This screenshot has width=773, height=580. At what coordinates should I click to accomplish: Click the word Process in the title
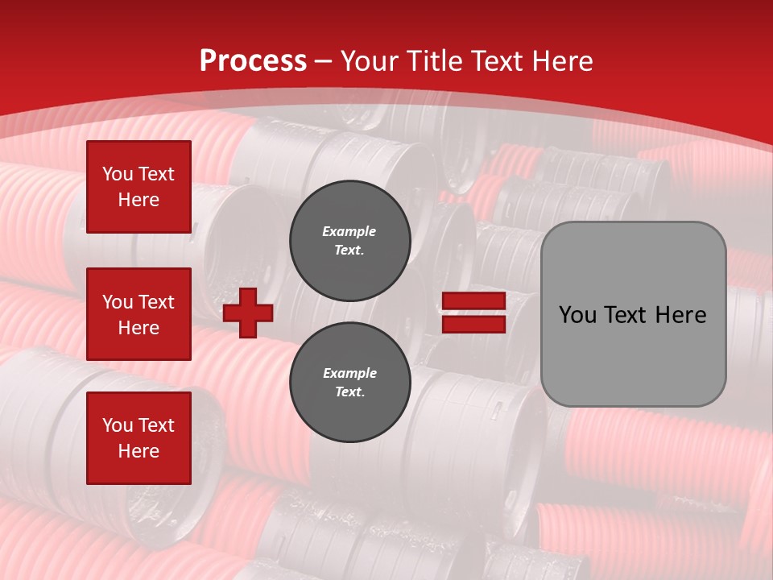(253, 61)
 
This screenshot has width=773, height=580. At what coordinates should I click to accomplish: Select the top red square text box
(138, 187)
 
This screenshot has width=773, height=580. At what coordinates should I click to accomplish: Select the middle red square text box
(138, 314)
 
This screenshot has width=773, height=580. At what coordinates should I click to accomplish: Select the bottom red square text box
(138, 438)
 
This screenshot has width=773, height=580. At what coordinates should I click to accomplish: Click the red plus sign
(248, 313)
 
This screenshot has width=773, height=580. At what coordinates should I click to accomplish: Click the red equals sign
(474, 313)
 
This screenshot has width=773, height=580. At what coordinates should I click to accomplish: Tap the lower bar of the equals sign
(474, 324)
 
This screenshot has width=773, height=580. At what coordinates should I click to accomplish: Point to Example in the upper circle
(349, 231)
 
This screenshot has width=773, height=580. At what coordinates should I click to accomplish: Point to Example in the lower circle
(349, 373)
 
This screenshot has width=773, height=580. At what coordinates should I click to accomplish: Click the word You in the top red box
(118, 174)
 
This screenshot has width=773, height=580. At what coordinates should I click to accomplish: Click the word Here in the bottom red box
(138, 451)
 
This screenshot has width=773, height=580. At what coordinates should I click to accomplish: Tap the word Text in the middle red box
(155, 302)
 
